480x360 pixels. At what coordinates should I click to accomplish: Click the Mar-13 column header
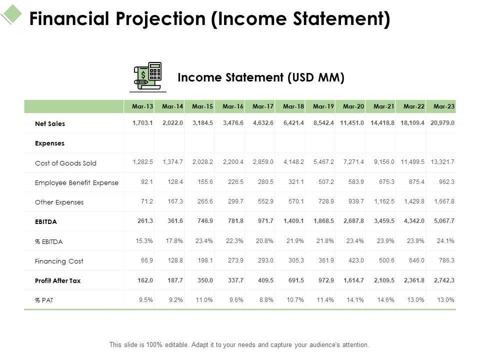tap(142, 106)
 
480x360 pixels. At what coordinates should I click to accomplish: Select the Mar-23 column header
tap(444, 106)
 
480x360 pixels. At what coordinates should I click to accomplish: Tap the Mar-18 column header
tap(293, 106)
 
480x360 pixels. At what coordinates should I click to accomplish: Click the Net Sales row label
tap(50, 123)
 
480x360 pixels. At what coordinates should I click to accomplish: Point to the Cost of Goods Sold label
tap(65, 163)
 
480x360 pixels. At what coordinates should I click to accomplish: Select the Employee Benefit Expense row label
tap(76, 182)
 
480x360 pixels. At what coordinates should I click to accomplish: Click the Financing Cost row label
tap(59, 261)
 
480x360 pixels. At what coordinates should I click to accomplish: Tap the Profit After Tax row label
tap(57, 280)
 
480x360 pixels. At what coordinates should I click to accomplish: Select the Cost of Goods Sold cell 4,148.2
tap(294, 163)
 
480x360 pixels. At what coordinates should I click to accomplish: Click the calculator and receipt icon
tap(148, 76)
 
